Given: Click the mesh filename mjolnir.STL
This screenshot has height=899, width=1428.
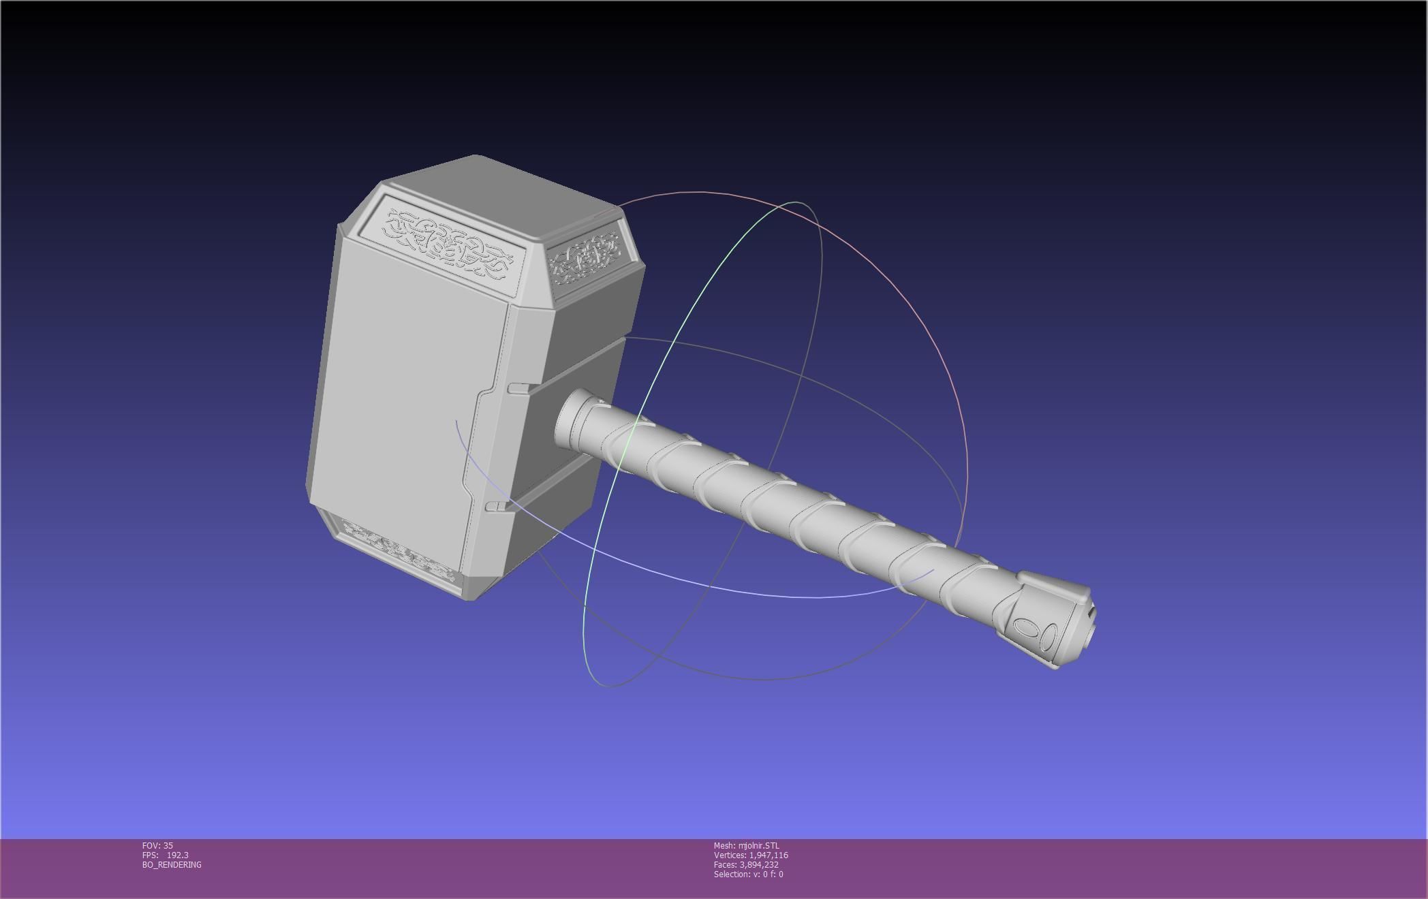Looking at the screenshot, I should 758,845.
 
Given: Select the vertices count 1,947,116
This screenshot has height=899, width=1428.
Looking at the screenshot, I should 768,855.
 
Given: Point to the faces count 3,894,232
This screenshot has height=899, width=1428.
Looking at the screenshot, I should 758,864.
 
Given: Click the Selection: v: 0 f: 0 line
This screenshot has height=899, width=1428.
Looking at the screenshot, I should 748,874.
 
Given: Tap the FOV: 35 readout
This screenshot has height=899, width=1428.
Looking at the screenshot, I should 157,845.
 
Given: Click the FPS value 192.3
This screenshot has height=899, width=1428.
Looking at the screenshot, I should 177,855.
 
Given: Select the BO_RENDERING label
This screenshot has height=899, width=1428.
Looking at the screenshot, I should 172,864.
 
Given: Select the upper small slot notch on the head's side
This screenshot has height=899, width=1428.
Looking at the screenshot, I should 518,389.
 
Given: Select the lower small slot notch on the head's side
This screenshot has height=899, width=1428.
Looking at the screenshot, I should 497,506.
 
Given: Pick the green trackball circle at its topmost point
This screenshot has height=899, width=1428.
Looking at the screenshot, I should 796,202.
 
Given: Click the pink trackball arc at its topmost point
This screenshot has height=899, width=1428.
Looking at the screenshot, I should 695,192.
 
